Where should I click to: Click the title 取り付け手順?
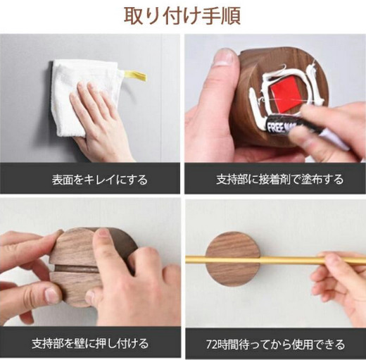182,16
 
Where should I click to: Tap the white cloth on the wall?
77,94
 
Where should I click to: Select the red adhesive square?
284,93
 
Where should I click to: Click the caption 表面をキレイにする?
100,180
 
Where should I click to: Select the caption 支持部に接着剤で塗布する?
280,180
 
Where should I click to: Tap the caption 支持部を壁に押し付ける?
90,343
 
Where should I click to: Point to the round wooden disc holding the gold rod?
233,259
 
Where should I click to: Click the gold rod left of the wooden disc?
196,259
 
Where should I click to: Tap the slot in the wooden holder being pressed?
76,268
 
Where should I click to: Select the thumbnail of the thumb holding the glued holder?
223,56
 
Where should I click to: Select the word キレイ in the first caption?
100,180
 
